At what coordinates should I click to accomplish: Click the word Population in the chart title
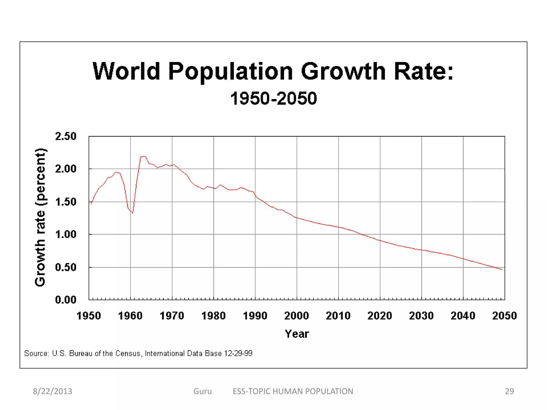[230, 72]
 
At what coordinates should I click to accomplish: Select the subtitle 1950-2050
[273, 98]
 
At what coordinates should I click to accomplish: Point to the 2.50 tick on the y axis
[66, 136]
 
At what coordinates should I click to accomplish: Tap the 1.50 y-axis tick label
[66, 202]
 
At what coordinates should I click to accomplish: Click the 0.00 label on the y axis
[66, 300]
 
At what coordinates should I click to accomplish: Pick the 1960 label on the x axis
[130, 316]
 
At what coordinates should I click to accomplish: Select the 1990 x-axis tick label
[255, 316]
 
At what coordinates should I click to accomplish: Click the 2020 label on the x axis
[380, 316]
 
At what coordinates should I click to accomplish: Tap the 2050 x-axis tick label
[505, 316]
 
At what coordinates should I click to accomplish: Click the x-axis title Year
[297, 334]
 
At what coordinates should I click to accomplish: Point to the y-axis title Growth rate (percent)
[41, 217]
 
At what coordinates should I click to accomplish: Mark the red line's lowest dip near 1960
[132, 213]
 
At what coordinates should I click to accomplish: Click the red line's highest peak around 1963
[144, 156]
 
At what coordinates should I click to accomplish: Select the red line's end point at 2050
[502, 270]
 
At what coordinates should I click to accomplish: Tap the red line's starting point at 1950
[91, 204]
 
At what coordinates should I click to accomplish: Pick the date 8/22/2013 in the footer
[52, 391]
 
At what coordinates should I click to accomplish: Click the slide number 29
[509, 391]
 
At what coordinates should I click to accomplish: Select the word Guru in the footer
[202, 391]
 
